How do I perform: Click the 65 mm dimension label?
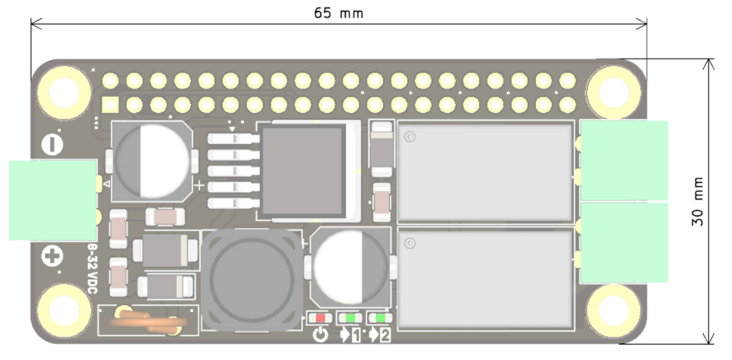pos(338,13)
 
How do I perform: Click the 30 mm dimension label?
pos(697,201)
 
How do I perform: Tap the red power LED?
pos(320,318)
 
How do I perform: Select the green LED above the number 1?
pos(350,318)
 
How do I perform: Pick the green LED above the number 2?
pos(380,318)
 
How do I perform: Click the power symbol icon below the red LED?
pos(320,335)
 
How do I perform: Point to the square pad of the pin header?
pos(110,105)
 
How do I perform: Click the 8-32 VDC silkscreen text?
pos(93,268)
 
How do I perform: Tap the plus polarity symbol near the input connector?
pos(52,256)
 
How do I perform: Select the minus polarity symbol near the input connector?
pos(52,145)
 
